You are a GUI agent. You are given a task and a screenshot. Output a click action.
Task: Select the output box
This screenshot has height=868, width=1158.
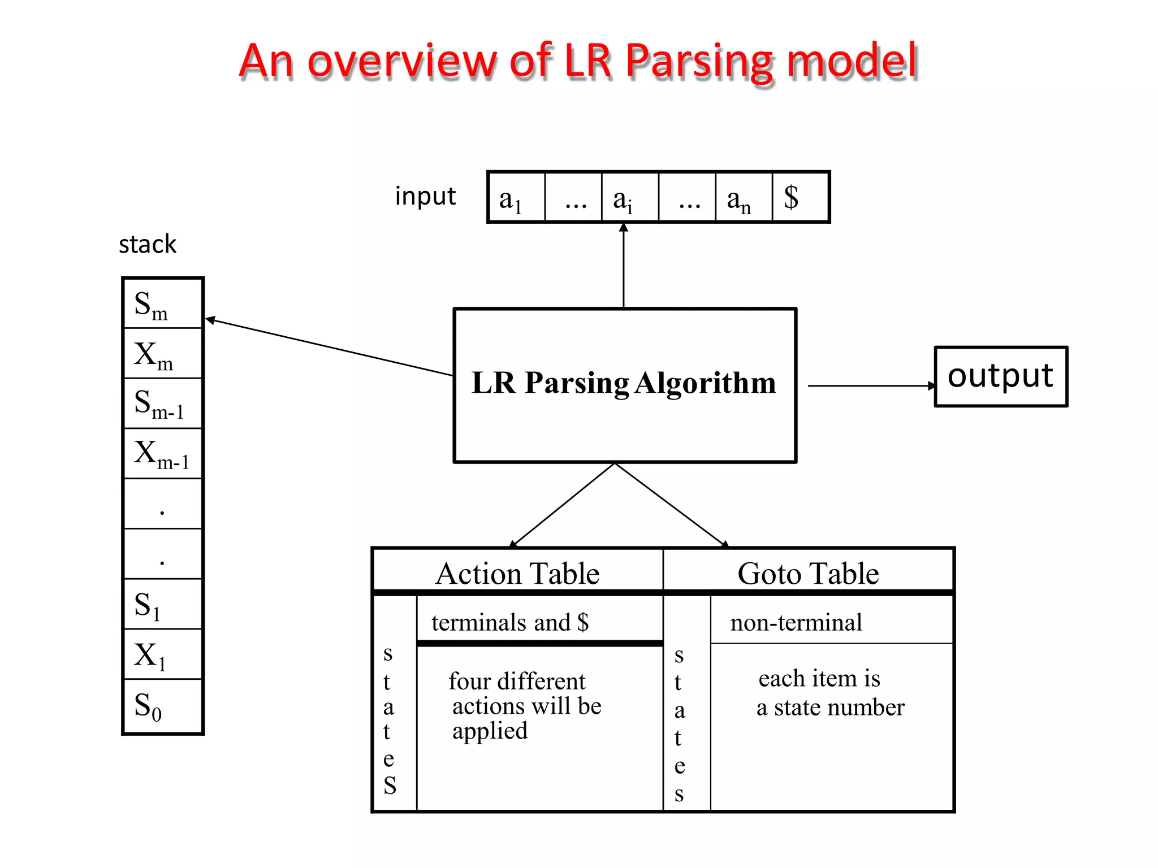point(1000,376)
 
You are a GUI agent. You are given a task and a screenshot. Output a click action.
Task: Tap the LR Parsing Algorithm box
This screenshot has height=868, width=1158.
point(624,384)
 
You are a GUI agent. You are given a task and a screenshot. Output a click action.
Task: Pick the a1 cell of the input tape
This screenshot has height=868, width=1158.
point(516,197)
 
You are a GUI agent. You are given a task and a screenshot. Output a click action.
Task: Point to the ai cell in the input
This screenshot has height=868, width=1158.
point(629,197)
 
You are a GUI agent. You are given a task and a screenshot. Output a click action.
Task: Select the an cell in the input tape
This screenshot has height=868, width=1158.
point(743,197)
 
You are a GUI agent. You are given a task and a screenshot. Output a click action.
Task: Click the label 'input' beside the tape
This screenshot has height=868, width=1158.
point(425,196)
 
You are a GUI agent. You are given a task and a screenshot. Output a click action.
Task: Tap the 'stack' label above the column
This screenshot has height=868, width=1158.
point(148,244)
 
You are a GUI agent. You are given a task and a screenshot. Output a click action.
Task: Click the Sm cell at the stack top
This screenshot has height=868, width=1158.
point(162,304)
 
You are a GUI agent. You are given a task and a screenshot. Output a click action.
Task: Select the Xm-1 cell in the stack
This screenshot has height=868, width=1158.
point(162,454)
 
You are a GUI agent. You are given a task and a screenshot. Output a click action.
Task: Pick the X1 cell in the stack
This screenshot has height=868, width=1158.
point(162,654)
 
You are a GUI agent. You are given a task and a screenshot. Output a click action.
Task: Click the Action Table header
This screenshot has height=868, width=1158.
point(517,573)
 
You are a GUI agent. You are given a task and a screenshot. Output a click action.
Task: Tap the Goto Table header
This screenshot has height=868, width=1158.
point(808,573)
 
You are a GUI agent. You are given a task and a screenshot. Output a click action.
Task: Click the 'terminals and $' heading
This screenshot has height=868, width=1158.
point(510,622)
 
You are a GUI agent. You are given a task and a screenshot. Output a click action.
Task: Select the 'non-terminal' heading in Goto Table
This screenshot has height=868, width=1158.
point(796,622)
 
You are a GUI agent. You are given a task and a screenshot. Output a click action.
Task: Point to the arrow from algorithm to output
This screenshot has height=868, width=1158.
point(871,385)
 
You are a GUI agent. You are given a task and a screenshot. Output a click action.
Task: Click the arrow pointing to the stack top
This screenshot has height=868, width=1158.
point(328,347)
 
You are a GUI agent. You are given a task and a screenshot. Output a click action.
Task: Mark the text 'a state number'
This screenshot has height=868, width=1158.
point(830,708)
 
